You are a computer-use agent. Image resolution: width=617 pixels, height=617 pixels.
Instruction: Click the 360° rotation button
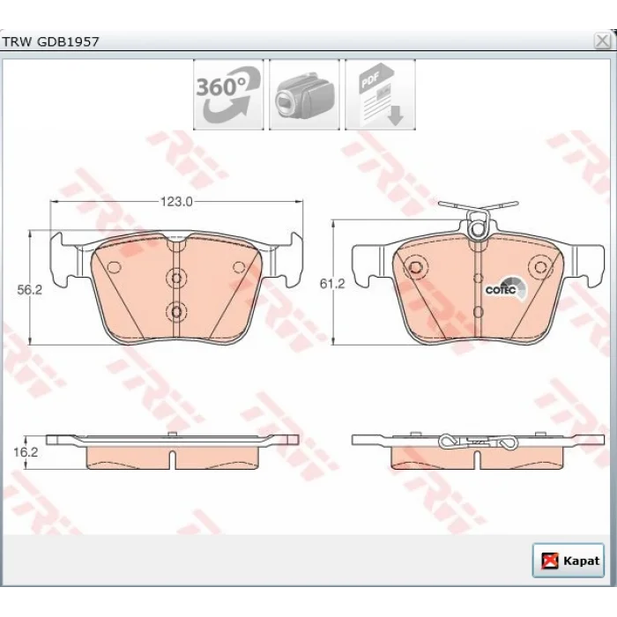228,94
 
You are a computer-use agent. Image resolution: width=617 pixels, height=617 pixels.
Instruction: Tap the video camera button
304,94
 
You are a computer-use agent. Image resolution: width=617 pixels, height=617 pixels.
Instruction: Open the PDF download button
380,94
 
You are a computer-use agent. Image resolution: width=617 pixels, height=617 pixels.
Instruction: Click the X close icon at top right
602,41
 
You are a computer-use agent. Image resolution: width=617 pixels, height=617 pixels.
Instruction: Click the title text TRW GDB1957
50,41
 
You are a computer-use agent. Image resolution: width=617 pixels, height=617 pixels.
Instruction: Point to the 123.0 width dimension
176,202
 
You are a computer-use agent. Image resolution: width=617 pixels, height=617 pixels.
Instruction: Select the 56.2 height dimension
29,290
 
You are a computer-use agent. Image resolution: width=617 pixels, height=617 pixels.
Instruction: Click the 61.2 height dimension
332,283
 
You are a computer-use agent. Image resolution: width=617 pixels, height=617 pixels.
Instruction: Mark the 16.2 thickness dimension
26,452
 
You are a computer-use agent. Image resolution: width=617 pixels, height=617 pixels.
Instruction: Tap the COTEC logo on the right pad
506,289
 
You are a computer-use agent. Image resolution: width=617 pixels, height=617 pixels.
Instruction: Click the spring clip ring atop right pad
478,229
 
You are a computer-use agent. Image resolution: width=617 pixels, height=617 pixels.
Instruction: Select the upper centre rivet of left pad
176,279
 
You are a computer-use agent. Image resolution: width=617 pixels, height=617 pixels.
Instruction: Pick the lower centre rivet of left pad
176,312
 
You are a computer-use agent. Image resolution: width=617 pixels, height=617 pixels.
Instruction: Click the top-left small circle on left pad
114,268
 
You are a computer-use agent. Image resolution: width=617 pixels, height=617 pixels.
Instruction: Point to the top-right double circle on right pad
539,267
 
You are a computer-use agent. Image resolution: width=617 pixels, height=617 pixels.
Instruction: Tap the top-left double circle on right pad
415,267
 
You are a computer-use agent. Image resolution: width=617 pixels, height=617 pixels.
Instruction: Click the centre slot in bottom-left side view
172,459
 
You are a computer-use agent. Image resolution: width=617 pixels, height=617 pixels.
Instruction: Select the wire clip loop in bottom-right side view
448,442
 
